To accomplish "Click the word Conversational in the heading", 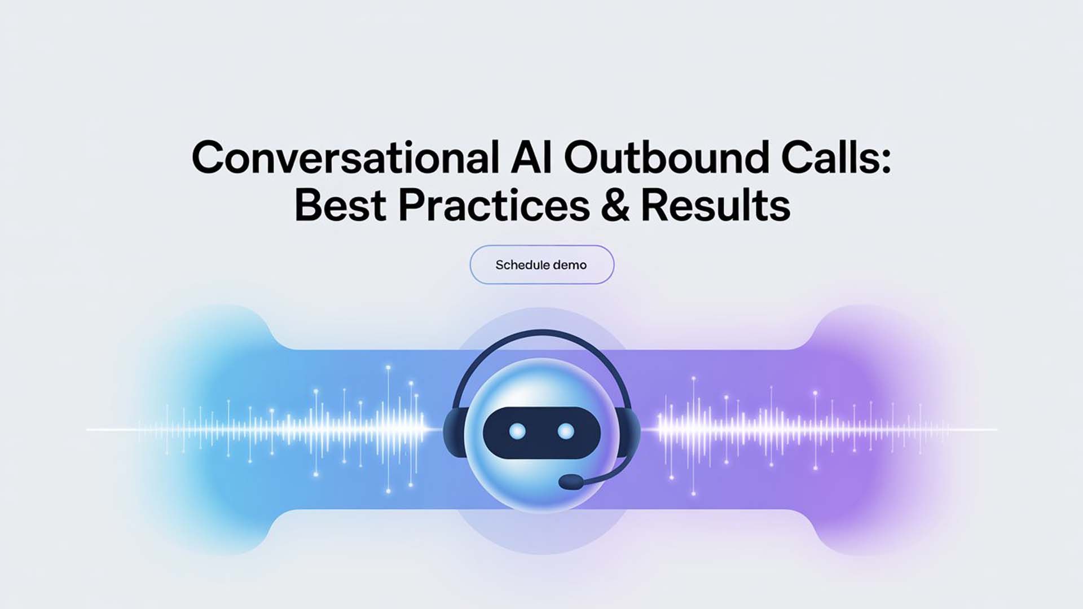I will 345,157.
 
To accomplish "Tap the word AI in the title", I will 531,157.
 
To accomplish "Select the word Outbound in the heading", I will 666,157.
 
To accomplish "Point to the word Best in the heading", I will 340,205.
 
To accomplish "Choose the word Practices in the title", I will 494,205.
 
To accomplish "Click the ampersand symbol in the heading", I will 615,205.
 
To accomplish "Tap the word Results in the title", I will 715,205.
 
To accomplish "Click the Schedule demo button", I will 541,264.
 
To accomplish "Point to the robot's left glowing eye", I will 517,432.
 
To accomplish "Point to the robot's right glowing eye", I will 565,432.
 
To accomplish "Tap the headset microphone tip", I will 571,482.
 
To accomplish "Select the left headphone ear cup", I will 453,432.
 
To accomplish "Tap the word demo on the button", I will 570,264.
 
